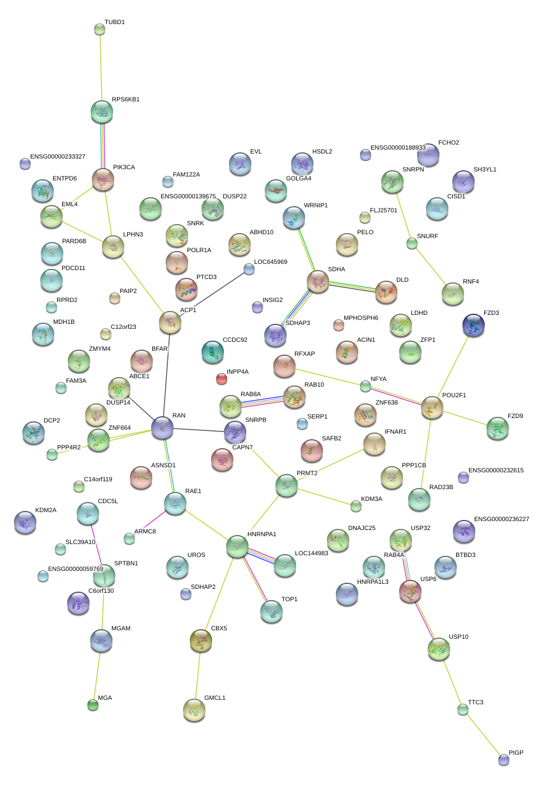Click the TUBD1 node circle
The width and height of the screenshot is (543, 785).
(x=100, y=29)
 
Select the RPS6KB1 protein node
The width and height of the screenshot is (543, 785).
(x=102, y=112)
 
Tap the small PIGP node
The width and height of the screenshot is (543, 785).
(x=504, y=760)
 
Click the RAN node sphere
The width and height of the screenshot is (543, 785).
(x=162, y=428)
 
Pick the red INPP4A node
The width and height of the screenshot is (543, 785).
(x=222, y=379)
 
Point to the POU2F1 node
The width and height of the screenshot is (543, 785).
(x=432, y=407)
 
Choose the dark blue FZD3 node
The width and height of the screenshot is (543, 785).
(x=474, y=326)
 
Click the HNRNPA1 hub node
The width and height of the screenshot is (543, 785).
(x=237, y=546)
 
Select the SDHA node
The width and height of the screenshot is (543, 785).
(x=318, y=282)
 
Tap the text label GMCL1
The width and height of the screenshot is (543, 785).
(x=215, y=698)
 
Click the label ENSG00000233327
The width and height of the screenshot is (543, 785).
(x=58, y=157)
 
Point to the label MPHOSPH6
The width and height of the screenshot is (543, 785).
(x=361, y=318)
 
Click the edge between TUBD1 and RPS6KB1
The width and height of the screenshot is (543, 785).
(x=101, y=67)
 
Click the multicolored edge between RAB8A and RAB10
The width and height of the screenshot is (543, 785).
(x=262, y=401)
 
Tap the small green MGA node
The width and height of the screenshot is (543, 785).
(x=93, y=705)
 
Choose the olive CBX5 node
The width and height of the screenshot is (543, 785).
(x=200, y=641)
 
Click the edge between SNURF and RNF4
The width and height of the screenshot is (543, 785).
(x=432, y=268)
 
